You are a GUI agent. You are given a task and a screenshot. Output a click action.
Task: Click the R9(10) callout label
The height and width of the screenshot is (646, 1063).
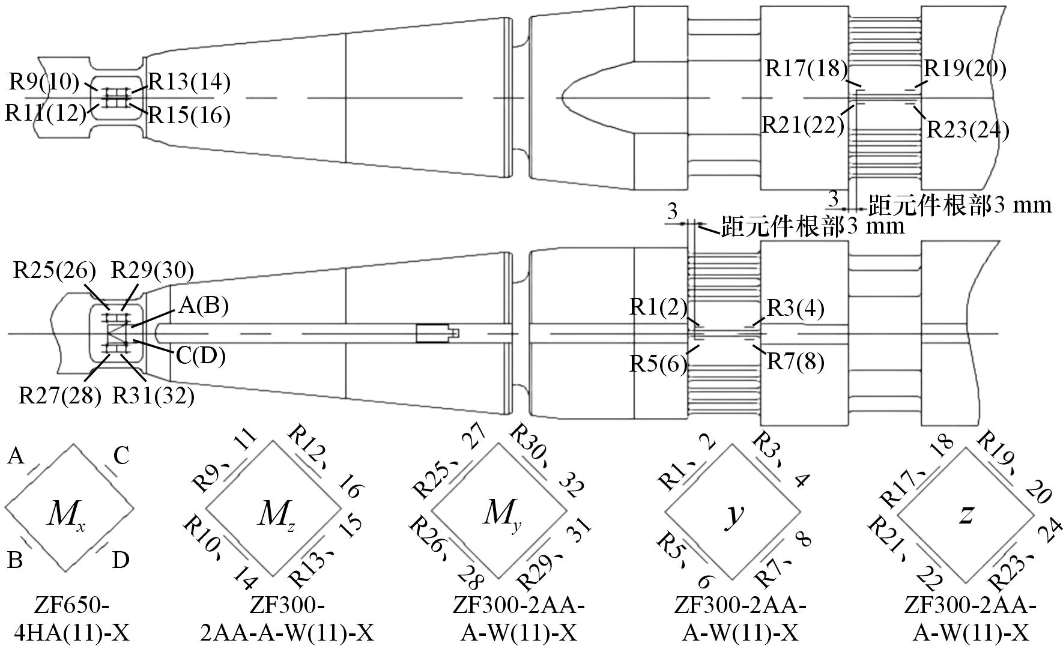44,82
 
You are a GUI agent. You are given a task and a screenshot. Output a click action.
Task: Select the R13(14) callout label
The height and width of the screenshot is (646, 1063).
189,82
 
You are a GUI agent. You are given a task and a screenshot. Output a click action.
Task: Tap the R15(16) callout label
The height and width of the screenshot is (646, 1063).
189,115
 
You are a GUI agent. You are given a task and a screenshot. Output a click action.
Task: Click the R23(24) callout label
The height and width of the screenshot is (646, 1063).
968,130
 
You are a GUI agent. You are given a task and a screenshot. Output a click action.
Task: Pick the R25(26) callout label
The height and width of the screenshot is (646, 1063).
55,271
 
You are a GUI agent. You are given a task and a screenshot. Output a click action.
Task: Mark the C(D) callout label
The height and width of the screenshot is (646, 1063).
200,356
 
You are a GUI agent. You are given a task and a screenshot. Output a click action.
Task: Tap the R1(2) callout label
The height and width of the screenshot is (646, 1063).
658,307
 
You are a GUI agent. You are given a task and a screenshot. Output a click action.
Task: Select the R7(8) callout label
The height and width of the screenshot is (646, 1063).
795,362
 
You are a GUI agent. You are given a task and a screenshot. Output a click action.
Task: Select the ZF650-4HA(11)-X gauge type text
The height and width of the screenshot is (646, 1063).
70,619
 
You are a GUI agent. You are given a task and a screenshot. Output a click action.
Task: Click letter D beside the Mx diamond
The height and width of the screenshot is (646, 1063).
120,561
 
